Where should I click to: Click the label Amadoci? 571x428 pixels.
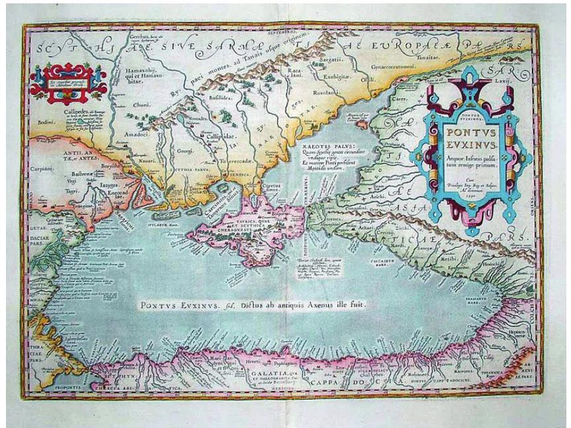coord(136,134)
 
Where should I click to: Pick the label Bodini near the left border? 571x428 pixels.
coord(46,122)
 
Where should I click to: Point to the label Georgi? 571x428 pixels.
coord(184,151)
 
